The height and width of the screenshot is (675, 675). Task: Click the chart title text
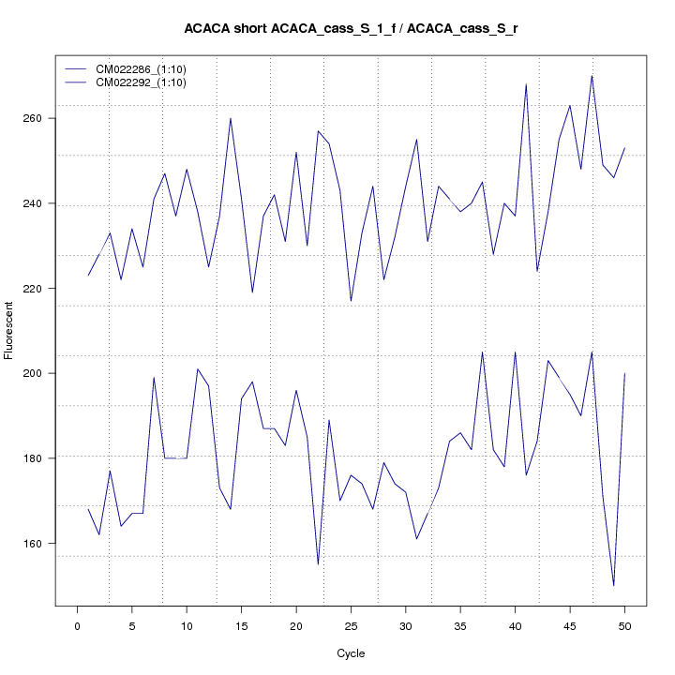352,29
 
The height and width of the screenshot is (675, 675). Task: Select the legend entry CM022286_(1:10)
142,69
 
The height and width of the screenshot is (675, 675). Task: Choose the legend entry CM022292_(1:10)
142,82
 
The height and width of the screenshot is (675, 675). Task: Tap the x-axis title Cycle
352,653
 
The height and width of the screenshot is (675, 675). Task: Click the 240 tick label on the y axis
40,203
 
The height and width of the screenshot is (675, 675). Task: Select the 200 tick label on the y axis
40,373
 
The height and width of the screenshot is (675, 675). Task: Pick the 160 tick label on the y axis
40,543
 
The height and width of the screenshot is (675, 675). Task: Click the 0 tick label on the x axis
77,625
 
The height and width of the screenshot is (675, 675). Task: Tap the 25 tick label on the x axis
351,625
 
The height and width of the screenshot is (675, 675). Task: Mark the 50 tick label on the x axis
624,625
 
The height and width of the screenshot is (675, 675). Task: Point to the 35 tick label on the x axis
460,625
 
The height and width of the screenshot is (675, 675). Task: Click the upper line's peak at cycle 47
592,76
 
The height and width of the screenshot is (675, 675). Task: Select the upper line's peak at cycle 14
231,118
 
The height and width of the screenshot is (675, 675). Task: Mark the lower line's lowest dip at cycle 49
613,585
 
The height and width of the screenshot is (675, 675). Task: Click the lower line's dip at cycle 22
318,564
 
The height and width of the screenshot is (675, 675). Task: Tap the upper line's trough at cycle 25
351,301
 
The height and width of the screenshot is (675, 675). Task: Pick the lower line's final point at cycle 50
624,373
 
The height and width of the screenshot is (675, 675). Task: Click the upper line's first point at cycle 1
88,276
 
